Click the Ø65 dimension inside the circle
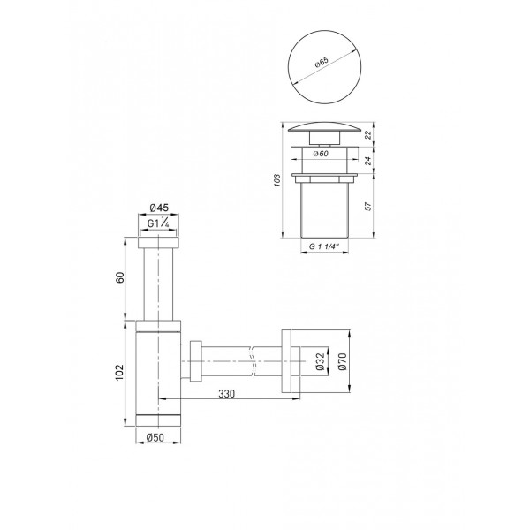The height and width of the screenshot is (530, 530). [322, 64]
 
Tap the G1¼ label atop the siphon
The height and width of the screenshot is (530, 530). [159, 224]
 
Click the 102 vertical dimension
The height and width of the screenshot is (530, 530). [121, 372]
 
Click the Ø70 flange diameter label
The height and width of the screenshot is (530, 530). [343, 361]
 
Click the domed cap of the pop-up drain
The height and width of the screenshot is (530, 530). [322, 129]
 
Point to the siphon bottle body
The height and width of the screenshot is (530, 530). [159, 369]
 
